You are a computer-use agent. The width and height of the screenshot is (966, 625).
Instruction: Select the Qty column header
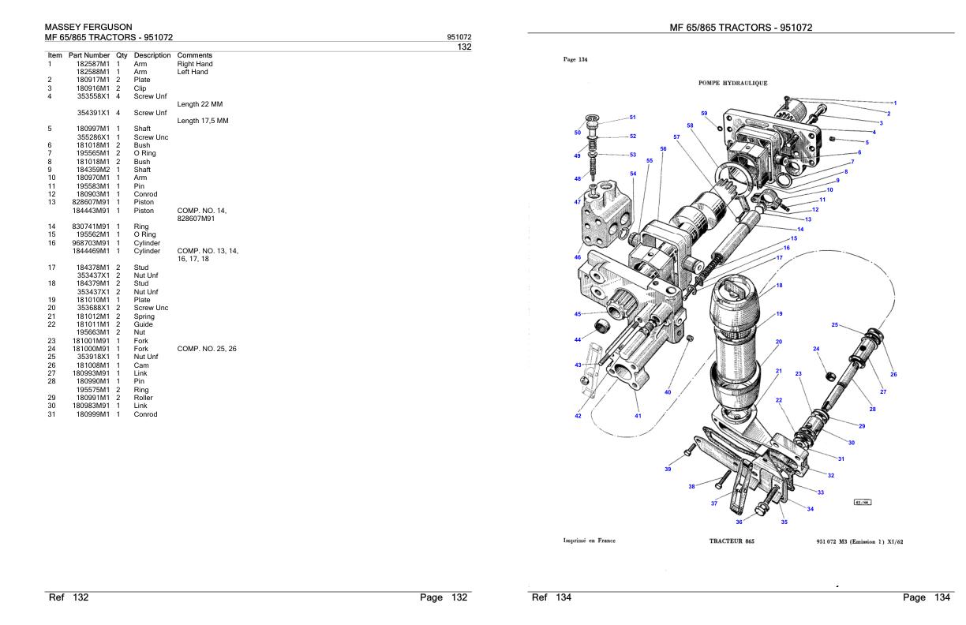tap(122, 55)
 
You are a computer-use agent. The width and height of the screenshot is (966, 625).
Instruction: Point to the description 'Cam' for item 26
tap(141, 365)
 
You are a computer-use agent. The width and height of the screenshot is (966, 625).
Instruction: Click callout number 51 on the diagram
tap(633, 118)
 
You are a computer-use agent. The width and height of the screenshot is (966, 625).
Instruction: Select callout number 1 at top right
tap(895, 103)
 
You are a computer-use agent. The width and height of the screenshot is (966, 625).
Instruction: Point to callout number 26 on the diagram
tap(893, 374)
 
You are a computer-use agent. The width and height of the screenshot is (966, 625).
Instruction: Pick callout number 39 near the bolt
tap(668, 470)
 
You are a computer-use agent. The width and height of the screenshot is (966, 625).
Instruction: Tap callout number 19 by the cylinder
tap(779, 314)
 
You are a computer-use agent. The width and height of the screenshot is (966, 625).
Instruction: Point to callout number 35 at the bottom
tap(784, 522)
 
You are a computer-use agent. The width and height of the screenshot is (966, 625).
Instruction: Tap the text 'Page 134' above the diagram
tap(575, 59)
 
